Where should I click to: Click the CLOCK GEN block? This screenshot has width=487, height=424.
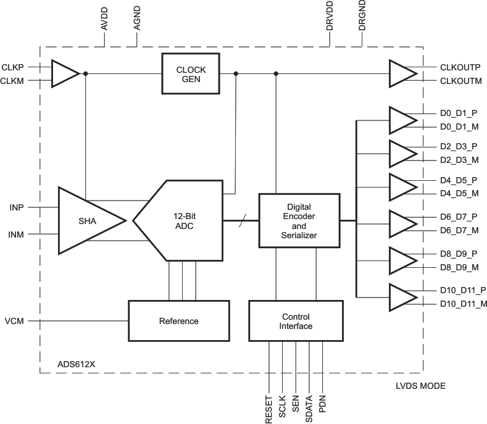pyautogui.click(x=191, y=73)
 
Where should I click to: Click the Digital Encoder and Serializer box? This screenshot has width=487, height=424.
pyautogui.click(x=299, y=220)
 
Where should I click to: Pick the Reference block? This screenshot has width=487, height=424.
pyautogui.click(x=178, y=321)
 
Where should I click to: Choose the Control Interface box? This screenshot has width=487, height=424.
pyautogui.click(x=296, y=321)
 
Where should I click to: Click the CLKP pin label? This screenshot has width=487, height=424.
pyautogui.click(x=13, y=67)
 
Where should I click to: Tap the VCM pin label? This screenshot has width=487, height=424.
pyautogui.click(x=14, y=322)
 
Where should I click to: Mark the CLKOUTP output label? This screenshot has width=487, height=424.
pyautogui.click(x=460, y=67)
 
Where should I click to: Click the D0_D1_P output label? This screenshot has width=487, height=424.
pyautogui.click(x=459, y=114)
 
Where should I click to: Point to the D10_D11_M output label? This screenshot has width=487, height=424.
pyautogui.click(x=464, y=304)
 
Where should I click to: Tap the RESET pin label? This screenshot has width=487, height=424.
pyautogui.click(x=269, y=409)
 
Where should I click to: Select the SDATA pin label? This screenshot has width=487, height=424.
pyautogui.click(x=309, y=409)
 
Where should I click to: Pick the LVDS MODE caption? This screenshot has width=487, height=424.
pyautogui.click(x=420, y=386)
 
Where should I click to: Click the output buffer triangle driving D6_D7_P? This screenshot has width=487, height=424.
pyautogui.click(x=402, y=223)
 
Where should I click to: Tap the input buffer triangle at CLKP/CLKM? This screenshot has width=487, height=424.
pyautogui.click(x=64, y=73)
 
